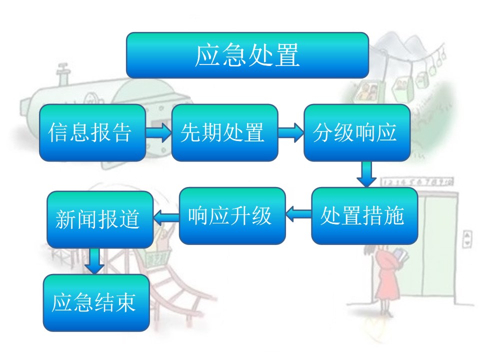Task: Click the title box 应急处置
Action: (x=247, y=55)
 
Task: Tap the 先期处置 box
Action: (x=224, y=132)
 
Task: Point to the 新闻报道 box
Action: (x=100, y=219)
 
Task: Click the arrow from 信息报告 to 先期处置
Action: (x=158, y=132)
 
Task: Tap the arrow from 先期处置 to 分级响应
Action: (x=291, y=132)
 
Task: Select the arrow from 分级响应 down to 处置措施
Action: (x=366, y=173)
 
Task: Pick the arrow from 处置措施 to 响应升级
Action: (x=299, y=215)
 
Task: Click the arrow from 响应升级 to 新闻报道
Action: (x=166, y=217)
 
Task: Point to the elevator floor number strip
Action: (x=417, y=181)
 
